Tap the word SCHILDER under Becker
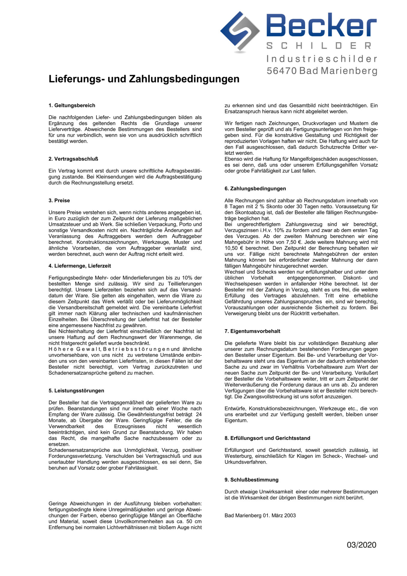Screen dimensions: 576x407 pos(319,46)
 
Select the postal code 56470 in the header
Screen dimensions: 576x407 pos(282,71)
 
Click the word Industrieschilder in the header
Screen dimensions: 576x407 pos(322,59)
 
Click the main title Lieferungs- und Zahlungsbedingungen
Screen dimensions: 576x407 pos(144,79)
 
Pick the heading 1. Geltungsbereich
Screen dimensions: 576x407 pos(72,105)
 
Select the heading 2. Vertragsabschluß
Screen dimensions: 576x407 pos(73,159)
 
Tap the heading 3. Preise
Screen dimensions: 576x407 pos(59,200)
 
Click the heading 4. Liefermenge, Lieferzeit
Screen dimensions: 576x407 pos(79,266)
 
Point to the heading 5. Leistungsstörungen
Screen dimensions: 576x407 pos(76,391)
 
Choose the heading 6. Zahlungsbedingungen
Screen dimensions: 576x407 pos(255,188)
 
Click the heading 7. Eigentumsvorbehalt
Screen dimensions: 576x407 pos(252,331)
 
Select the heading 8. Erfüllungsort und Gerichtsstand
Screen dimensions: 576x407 pos(267,438)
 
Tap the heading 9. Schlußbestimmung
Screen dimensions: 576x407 pos(251,480)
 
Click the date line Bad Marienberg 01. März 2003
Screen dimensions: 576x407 pos(260,515)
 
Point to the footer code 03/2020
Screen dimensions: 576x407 pos(361,545)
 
